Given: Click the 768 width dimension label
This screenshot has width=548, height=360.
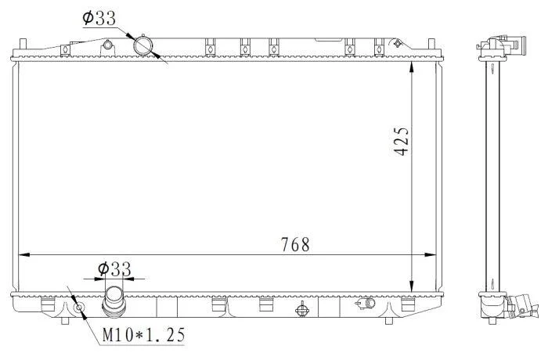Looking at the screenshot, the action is point(295,245).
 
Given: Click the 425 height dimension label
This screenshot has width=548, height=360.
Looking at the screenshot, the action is point(401,141).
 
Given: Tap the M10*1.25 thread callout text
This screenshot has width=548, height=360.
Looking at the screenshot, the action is point(143,335).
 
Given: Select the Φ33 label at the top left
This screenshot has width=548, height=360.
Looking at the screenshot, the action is point(99,18).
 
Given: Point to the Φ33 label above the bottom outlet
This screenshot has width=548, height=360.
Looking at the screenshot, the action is point(114,269).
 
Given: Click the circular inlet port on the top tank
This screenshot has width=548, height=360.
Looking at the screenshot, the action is point(143,46).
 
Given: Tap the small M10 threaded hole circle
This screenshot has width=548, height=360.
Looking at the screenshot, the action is point(79,308).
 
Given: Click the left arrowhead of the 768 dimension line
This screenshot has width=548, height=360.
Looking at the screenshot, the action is point(23,255).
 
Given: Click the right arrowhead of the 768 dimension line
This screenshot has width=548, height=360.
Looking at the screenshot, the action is point(431,255).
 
